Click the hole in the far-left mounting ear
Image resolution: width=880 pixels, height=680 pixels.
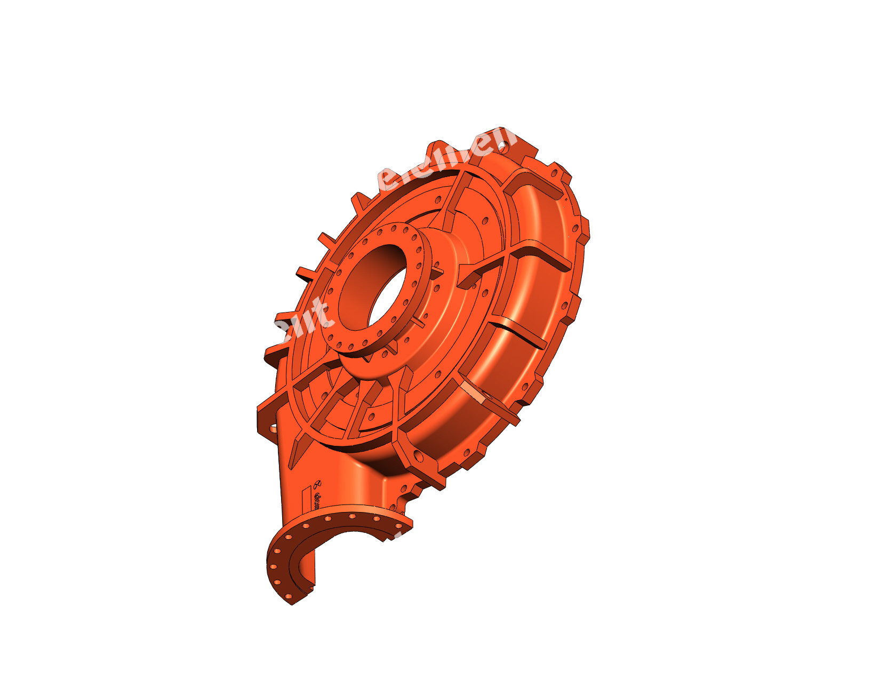click(x=273, y=427)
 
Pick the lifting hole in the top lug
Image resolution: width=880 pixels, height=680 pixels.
click(x=501, y=143)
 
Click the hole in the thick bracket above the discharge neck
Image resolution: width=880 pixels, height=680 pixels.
click(x=419, y=457)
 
